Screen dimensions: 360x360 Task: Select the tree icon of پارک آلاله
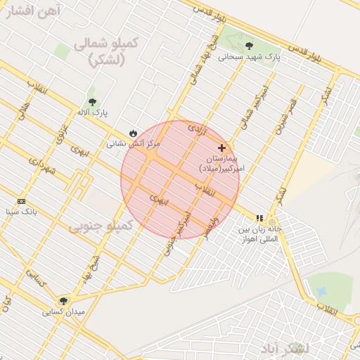[x=92, y=102]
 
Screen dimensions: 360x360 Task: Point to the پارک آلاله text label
[x=92, y=112]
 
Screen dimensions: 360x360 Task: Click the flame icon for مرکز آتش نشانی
[x=133, y=133]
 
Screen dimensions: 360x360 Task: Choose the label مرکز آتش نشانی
[x=133, y=143]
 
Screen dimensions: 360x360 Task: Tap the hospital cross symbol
[x=222, y=148]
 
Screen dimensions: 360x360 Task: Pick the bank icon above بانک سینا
[x=21, y=201]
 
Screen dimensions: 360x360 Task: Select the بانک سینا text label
[x=20, y=211]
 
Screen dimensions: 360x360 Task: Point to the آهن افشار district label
[x=31, y=9]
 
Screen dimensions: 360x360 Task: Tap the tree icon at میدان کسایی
[x=63, y=301]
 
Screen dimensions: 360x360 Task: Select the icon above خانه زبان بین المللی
[x=259, y=219]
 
